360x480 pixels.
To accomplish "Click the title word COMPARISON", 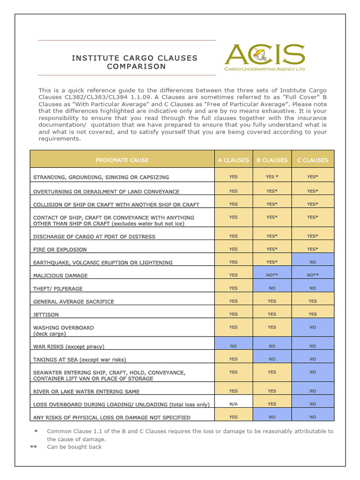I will point(136,67).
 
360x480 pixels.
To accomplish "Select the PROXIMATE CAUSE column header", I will point(122,160).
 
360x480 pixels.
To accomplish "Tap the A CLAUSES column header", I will point(233,160).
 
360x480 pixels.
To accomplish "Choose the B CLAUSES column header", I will point(272,160).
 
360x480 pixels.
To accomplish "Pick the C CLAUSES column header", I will point(313,160).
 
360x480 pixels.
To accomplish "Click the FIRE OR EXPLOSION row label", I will point(60,249).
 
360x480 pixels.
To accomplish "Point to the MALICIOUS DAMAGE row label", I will point(60,276).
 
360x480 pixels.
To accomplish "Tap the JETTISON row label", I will point(46,315).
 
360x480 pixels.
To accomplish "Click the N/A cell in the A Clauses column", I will point(233,404).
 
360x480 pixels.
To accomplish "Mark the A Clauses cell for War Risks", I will point(233,346).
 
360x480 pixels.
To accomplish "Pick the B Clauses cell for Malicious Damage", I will point(272,275).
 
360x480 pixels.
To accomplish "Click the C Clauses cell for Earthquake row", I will point(313,262).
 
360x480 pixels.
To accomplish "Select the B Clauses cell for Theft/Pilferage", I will point(272,288).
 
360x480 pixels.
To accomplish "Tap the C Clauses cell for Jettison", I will point(313,314).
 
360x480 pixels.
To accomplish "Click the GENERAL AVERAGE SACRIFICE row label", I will point(74,302).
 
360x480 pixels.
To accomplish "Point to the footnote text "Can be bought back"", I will point(74,447).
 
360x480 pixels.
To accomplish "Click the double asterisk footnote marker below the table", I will point(33,447).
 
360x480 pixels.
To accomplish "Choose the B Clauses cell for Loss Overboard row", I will point(272,404).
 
